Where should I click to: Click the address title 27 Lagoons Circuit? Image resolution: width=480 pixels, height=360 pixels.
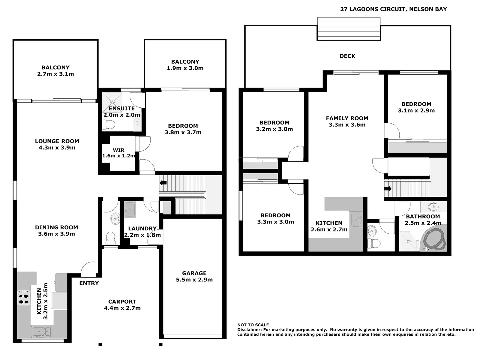point(393,9)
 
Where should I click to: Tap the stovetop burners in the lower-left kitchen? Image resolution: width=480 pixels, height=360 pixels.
point(23,298)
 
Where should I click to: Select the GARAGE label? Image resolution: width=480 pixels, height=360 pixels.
point(194,273)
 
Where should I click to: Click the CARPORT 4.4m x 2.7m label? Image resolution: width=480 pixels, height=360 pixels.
point(122,305)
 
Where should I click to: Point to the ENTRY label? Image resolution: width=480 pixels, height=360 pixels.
point(89,283)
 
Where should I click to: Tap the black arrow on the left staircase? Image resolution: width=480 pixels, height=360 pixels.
point(163,183)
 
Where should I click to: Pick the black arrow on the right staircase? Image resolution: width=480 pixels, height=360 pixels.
point(388,189)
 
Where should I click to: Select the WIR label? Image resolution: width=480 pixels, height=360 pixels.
point(118,150)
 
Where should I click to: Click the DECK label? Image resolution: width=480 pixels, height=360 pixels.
point(347,56)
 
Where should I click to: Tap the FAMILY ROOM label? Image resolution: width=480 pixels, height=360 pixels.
point(347,118)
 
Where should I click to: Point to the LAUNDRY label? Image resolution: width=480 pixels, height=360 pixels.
point(142,228)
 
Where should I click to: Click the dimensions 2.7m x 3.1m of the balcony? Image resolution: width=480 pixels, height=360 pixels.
point(56,74)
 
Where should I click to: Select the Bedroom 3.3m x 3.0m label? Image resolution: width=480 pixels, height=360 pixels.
point(275,219)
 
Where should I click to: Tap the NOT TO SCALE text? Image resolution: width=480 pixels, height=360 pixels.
point(253,325)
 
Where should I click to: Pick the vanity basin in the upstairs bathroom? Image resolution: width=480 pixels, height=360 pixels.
point(434,207)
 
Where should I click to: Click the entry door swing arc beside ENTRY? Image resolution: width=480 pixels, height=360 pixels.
point(89,269)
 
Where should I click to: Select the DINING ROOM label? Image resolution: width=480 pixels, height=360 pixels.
point(56,227)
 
